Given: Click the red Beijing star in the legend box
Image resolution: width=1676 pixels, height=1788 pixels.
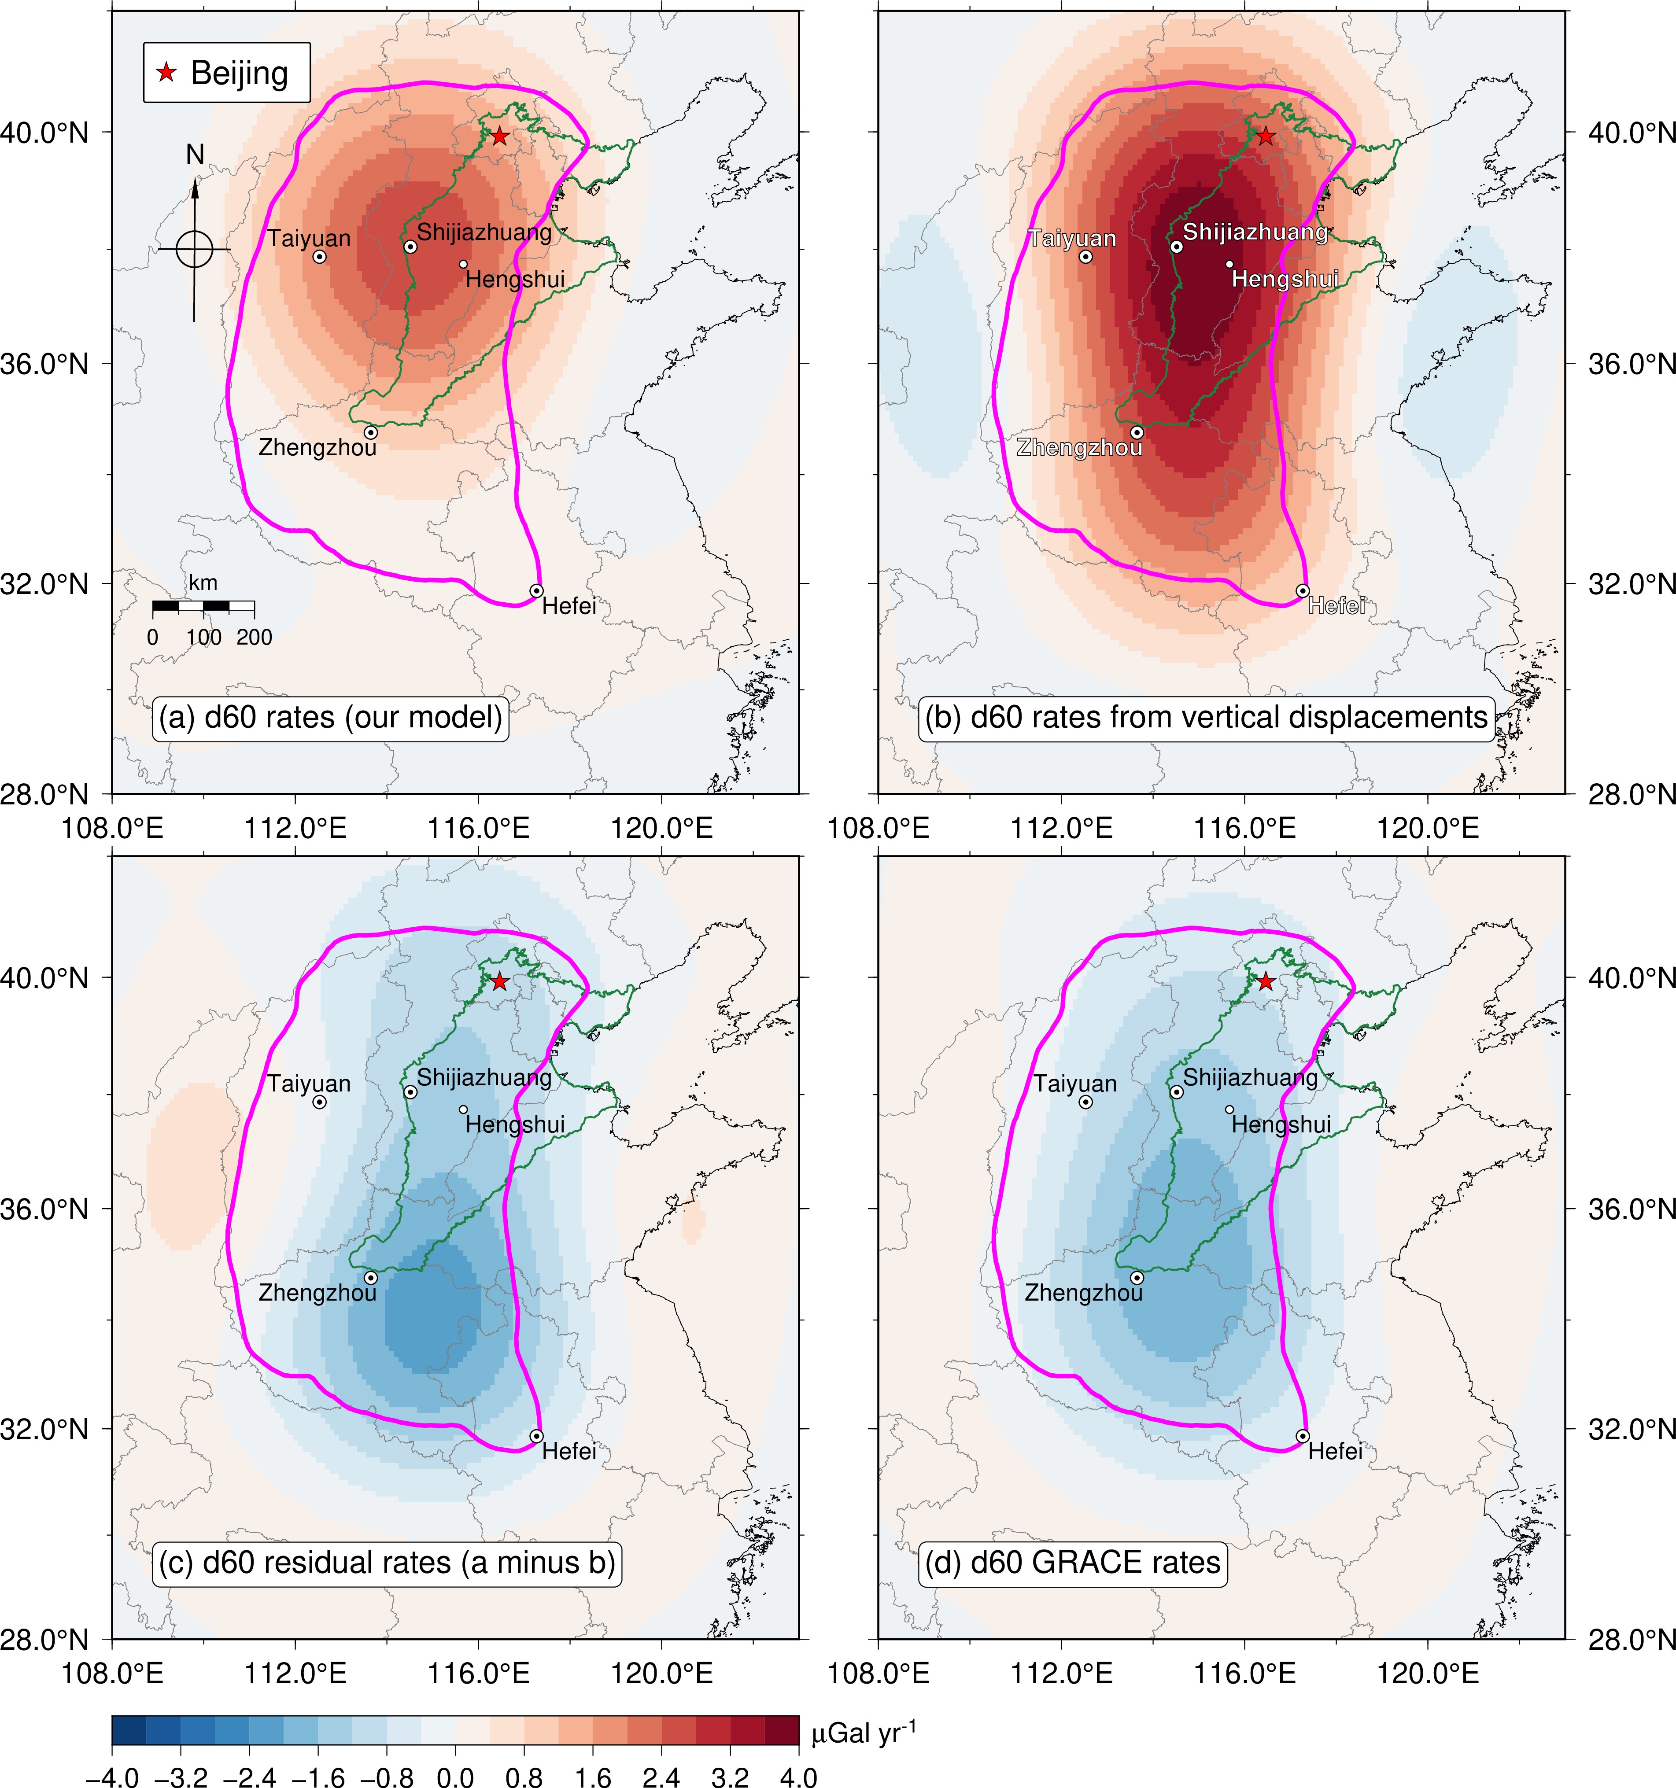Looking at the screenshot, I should (x=166, y=72).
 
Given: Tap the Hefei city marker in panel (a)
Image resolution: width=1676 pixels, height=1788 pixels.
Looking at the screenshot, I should (x=536, y=591).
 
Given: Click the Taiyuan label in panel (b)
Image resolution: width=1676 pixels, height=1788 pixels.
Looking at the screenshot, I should (x=1072, y=238).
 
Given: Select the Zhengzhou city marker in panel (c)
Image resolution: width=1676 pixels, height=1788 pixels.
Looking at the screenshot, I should (x=371, y=1277).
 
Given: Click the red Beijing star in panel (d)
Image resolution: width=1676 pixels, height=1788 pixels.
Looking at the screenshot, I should (x=1266, y=981).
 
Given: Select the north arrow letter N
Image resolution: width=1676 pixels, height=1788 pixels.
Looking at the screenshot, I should (x=195, y=155).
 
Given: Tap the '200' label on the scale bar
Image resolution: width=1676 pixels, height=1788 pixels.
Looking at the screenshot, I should (x=255, y=638).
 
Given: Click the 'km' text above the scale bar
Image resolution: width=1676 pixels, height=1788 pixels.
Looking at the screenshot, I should (x=203, y=583).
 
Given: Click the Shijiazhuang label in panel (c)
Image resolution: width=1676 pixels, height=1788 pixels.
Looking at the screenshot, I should (x=484, y=1076).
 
